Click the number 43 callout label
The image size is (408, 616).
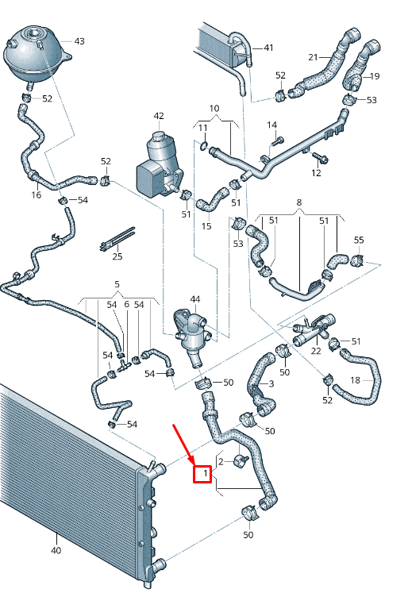[79, 40]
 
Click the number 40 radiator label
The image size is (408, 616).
[56, 549]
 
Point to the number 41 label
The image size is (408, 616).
[268, 48]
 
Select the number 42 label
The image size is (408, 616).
[159, 116]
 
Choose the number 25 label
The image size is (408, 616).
[117, 256]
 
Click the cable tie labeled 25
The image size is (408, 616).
[117, 237]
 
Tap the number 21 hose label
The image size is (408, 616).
[313, 57]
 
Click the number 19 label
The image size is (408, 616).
[375, 76]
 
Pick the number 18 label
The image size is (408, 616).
[355, 380]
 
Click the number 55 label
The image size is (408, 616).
[359, 240]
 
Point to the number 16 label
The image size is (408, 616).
[37, 194]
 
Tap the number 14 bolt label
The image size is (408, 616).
[272, 125]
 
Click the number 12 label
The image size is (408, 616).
[316, 173]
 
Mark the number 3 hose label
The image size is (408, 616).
[271, 383]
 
